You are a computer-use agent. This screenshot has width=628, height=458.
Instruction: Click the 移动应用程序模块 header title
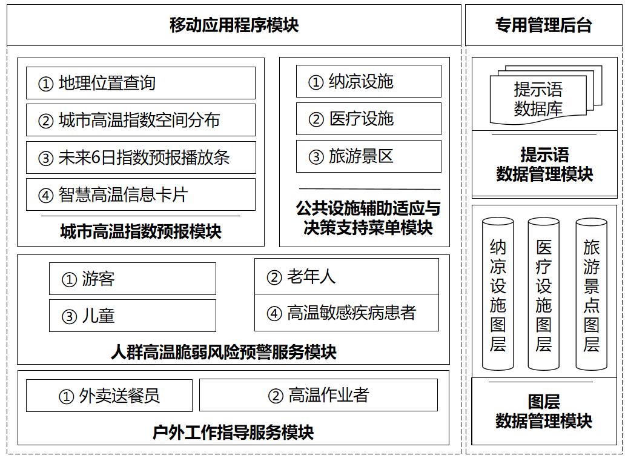pyautogui.click(x=234, y=25)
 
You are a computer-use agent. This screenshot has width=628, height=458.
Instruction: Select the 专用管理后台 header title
pyautogui.click(x=543, y=25)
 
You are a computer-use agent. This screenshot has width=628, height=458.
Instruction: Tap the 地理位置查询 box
pyautogui.click(x=140, y=83)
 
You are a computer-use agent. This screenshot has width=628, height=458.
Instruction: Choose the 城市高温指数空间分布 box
pyautogui.click(x=140, y=120)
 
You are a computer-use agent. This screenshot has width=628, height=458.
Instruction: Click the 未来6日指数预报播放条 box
pyautogui.click(x=140, y=157)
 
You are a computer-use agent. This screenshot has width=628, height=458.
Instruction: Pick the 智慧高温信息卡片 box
pyautogui.click(x=140, y=194)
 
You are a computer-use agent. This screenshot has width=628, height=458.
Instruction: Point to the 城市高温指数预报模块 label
pyautogui.click(x=141, y=231)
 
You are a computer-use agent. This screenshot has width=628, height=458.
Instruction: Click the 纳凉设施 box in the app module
pyautogui.click(x=368, y=81)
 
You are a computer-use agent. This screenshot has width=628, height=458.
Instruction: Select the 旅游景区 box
pyautogui.click(x=368, y=156)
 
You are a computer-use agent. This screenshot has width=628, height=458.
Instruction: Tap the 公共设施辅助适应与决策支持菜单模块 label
pyautogui.click(x=368, y=217)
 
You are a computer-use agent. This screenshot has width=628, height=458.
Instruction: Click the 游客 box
pyautogui.click(x=133, y=279)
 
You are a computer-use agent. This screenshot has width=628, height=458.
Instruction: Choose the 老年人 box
pyautogui.click(x=347, y=276)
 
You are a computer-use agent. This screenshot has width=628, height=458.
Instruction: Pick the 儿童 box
pyautogui.click(x=133, y=316)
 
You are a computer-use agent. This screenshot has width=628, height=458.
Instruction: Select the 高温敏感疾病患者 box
pyautogui.click(x=347, y=313)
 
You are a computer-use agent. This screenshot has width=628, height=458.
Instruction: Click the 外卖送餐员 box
pyautogui.click(x=109, y=396)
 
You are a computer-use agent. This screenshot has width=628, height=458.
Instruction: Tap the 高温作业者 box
pyautogui.click(x=319, y=395)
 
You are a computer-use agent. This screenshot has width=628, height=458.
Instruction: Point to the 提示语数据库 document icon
pyautogui.click(x=546, y=95)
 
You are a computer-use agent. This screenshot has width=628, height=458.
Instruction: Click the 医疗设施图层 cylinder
pyautogui.click(x=543, y=294)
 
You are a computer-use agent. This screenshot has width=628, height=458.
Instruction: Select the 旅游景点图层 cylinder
pyautogui.click(x=591, y=294)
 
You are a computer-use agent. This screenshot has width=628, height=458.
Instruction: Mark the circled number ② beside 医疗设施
pyautogui.click(x=316, y=119)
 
